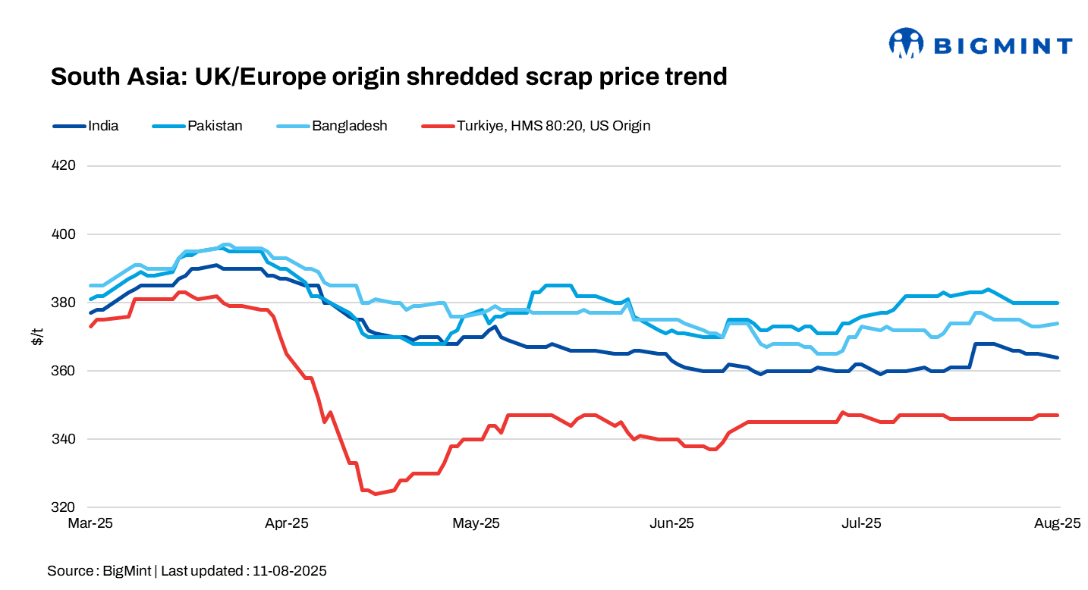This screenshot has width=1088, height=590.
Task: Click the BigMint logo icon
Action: coord(906,43)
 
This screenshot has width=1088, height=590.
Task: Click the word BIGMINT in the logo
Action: coord(1002,46)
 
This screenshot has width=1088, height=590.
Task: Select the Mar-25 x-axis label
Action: coord(90,523)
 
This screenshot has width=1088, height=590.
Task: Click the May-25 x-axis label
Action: coord(476,523)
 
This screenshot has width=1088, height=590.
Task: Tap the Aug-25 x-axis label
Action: coord(1059,523)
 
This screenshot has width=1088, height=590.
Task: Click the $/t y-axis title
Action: coord(36,336)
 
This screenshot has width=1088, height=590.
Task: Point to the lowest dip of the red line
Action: coord(375,494)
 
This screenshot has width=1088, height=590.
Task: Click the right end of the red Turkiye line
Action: coord(1058,415)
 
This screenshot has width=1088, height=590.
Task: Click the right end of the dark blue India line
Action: coord(1058,357)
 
